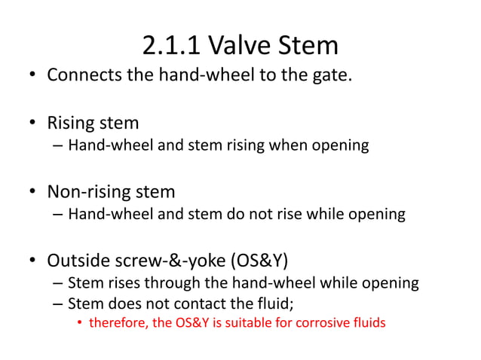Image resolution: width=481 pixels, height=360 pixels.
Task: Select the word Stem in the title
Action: [308, 46]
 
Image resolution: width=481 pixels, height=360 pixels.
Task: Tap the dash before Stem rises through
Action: [58, 284]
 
